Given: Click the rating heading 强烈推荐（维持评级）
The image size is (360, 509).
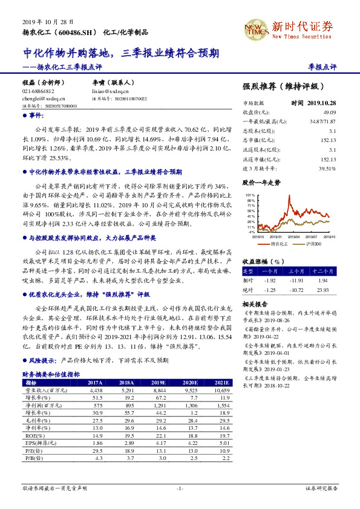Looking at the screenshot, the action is [x=280, y=86].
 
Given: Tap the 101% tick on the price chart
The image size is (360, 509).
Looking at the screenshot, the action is [x=249, y=196].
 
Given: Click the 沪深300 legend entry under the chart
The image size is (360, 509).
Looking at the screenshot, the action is [x=312, y=244].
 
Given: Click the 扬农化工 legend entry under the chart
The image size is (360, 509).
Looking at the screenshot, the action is [x=279, y=244].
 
